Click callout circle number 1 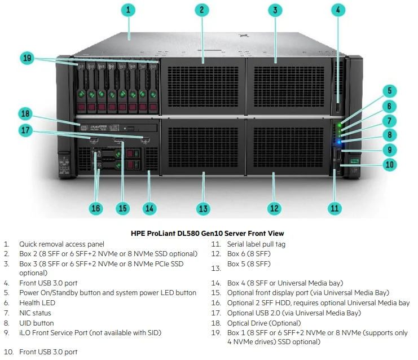[129, 10]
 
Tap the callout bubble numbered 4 [338, 10]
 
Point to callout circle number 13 [203, 208]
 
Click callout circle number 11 [335, 208]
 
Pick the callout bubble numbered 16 [96, 208]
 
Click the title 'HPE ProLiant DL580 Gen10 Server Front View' [207, 233]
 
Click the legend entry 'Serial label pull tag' [256, 244]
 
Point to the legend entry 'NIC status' [35, 313]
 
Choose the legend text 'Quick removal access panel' [61, 244]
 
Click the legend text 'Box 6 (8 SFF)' [249, 254]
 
